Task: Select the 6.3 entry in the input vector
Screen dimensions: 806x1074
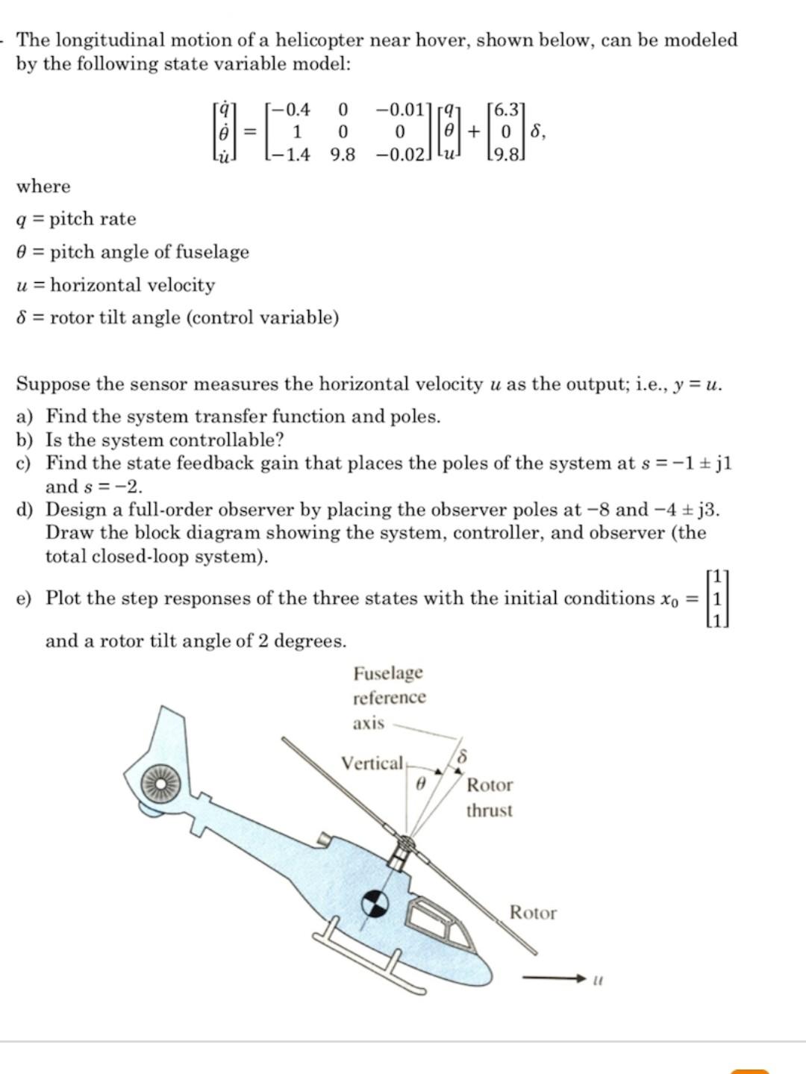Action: [x=505, y=110]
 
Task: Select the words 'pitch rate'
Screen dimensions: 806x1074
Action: [x=93, y=219]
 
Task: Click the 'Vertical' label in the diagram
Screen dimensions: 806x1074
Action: [x=372, y=764]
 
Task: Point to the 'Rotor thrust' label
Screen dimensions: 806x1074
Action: [x=490, y=797]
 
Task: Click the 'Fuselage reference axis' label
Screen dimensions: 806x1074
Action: [x=389, y=697]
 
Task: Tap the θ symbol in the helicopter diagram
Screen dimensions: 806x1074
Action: [x=419, y=784]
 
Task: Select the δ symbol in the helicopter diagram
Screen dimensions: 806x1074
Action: [x=462, y=757]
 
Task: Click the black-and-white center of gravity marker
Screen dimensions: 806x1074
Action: [x=375, y=904]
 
